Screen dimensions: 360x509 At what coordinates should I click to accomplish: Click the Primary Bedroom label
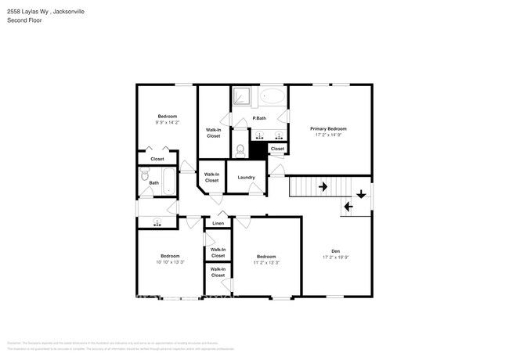click(328, 128)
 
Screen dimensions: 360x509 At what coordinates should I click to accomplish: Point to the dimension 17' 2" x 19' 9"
click(335, 257)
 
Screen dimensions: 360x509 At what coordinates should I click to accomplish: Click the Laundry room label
click(246, 177)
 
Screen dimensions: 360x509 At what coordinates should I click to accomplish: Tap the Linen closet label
click(218, 224)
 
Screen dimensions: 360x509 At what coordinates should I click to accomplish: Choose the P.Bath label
click(259, 118)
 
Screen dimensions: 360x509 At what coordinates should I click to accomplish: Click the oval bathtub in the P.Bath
click(273, 97)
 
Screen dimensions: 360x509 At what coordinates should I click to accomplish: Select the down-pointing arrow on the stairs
click(361, 193)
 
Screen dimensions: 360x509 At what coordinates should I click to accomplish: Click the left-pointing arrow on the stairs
click(348, 207)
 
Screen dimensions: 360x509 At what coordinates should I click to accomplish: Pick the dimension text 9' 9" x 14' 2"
click(167, 122)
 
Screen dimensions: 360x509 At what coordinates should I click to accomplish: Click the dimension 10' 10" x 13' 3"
click(170, 261)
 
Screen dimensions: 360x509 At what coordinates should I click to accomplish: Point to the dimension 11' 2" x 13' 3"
click(266, 261)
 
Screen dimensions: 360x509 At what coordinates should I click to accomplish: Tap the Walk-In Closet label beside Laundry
click(211, 178)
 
